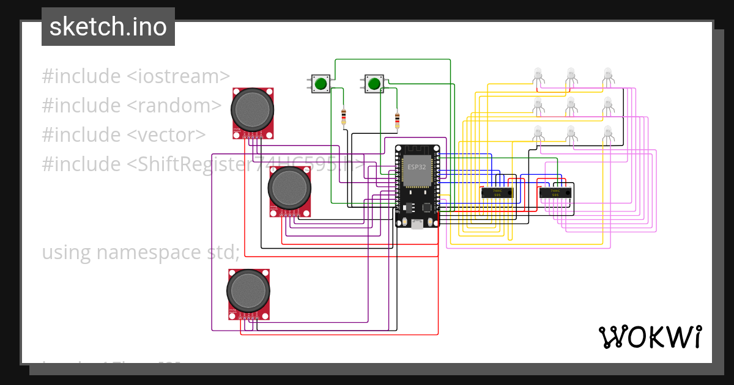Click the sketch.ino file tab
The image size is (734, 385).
(108, 27)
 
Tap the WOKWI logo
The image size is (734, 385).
(650, 337)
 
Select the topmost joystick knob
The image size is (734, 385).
(252, 109)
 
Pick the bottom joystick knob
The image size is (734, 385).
(248, 291)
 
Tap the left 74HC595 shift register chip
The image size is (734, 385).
(496, 193)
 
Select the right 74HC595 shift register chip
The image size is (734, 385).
(555, 193)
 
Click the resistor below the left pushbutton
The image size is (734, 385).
(344, 115)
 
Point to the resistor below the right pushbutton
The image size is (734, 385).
(398, 120)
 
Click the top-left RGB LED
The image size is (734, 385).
(538, 75)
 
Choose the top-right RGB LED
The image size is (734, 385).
(607, 75)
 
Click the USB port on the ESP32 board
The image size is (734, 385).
(417, 224)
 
